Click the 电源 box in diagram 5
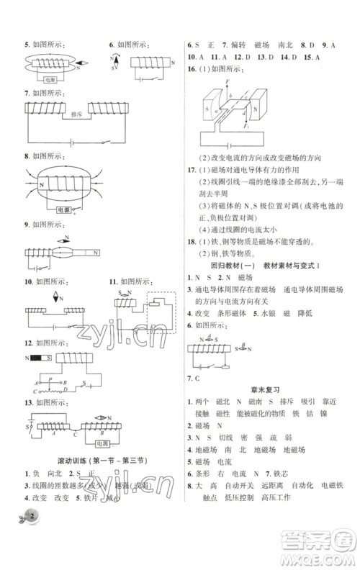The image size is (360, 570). (51, 80)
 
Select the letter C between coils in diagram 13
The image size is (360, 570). (75, 434)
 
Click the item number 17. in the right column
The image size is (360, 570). (190, 169)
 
